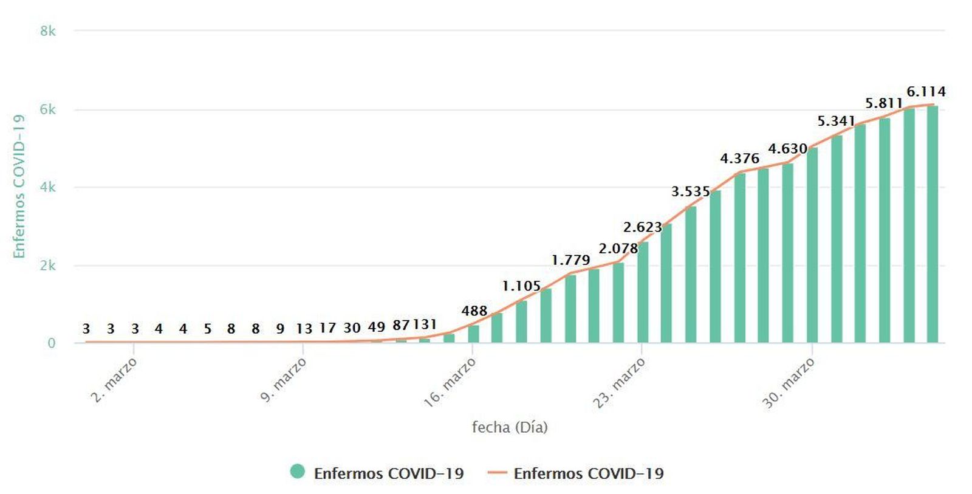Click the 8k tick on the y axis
(48, 31)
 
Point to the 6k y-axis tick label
(48, 110)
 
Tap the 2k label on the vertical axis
(48, 266)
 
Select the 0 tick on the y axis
(52, 343)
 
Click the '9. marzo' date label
(283, 380)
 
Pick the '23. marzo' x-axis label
(619, 383)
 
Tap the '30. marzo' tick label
(788, 383)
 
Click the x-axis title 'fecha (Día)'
(510, 427)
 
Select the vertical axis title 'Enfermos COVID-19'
(19, 186)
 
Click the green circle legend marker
(297, 472)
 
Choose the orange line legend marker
(497, 472)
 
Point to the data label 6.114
(926, 92)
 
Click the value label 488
(474, 311)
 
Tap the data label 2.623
(642, 227)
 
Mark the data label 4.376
(739, 159)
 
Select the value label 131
(425, 324)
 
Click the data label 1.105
(521, 286)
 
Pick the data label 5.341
(836, 122)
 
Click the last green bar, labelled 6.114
(933, 224)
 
